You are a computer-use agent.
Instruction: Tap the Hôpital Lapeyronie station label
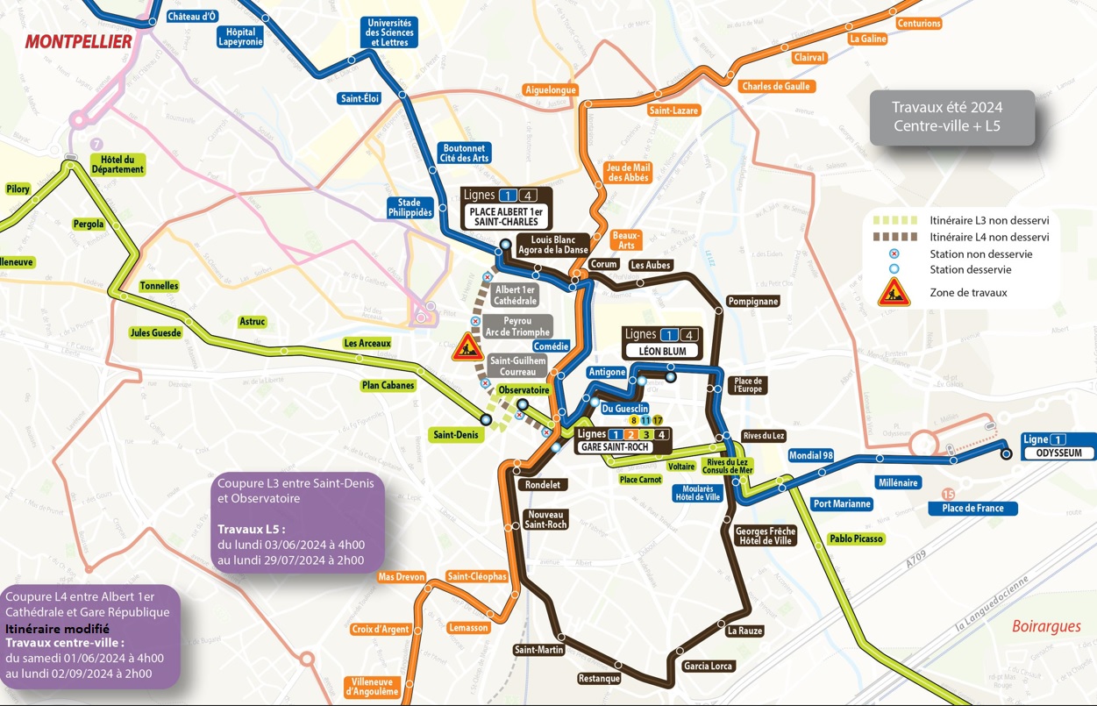[x=239, y=37]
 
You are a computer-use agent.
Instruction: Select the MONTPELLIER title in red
[x=79, y=41]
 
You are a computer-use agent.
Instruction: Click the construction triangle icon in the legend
[x=894, y=291]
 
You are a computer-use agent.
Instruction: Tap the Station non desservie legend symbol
[x=893, y=254]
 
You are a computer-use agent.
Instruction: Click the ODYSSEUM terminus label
[x=1058, y=453]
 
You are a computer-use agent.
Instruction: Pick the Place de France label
[x=972, y=509]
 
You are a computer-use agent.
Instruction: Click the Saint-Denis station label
[x=454, y=434]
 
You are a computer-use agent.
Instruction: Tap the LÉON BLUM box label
[x=661, y=351]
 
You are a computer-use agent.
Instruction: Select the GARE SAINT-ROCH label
[x=614, y=446]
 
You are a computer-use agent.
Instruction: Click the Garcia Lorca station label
[x=708, y=667]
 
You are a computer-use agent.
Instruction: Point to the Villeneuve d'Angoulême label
[x=372, y=687]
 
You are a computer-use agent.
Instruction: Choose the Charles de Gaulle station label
[x=776, y=87]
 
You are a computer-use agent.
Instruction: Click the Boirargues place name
[x=1045, y=626]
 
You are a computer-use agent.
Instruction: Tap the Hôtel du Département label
[x=117, y=164]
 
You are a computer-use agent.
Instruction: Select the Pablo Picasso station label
[x=856, y=538]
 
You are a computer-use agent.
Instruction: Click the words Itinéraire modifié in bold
[x=57, y=629]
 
